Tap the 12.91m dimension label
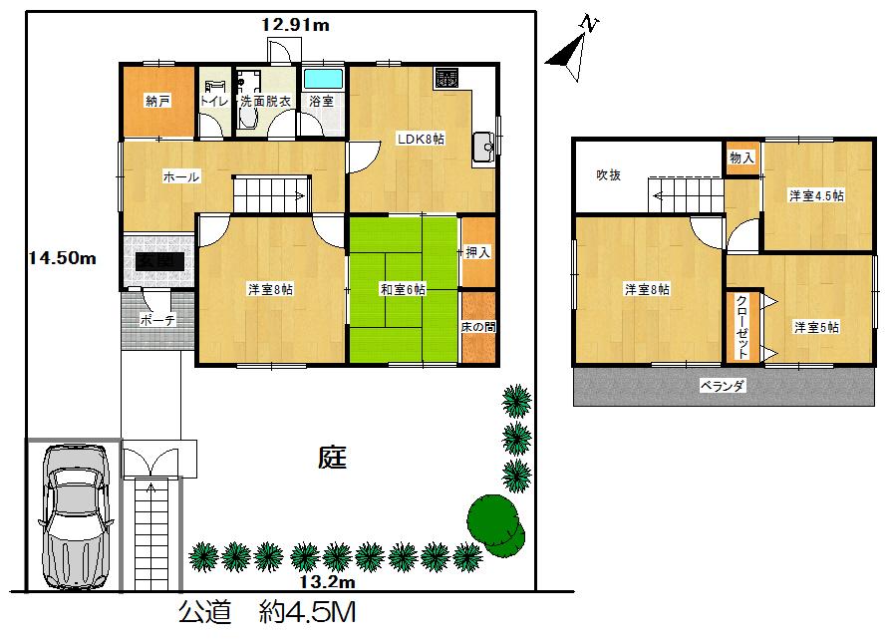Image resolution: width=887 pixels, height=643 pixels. [295, 26]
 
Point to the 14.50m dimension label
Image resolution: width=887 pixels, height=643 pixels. [61, 258]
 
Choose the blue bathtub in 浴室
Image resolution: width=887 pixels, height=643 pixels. [322, 78]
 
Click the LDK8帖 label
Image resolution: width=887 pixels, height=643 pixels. [423, 139]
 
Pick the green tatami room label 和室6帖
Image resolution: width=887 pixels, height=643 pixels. [403, 289]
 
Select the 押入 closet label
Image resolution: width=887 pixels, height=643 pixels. [478, 252]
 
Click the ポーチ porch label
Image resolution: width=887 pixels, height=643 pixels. [157, 321]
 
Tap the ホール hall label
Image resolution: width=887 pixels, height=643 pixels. [180, 176]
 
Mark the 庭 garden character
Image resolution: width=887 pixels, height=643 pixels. [332, 459]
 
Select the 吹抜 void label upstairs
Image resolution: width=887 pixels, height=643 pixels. [609, 174]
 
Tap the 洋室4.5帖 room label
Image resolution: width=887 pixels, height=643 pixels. [816, 195]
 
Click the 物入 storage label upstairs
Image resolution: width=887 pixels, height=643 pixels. [741, 158]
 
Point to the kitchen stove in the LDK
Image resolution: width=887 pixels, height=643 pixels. [445, 76]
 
